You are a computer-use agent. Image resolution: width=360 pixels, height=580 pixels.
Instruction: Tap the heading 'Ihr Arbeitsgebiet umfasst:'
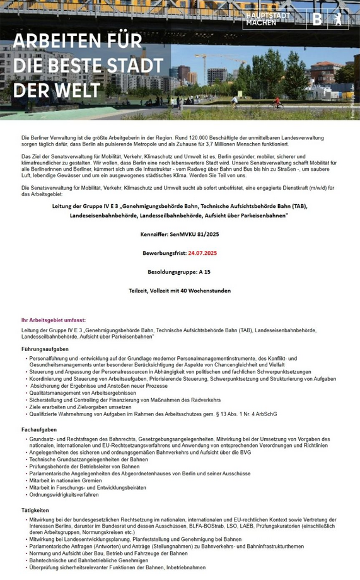pyautogui.click(x=53, y=320)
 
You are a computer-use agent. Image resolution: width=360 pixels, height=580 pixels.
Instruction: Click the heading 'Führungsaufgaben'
pyautogui.click(x=45, y=349)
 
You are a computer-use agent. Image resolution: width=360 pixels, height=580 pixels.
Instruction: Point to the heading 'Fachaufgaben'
pyautogui.click(x=39, y=429)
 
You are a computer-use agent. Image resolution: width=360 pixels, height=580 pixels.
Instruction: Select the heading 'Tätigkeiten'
pyautogui.click(x=35, y=509)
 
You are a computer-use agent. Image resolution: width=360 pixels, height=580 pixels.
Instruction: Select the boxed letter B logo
pyautogui.click(x=316, y=20)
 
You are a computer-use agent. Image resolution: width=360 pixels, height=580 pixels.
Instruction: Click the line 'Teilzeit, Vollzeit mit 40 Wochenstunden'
pyautogui.click(x=180, y=291)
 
